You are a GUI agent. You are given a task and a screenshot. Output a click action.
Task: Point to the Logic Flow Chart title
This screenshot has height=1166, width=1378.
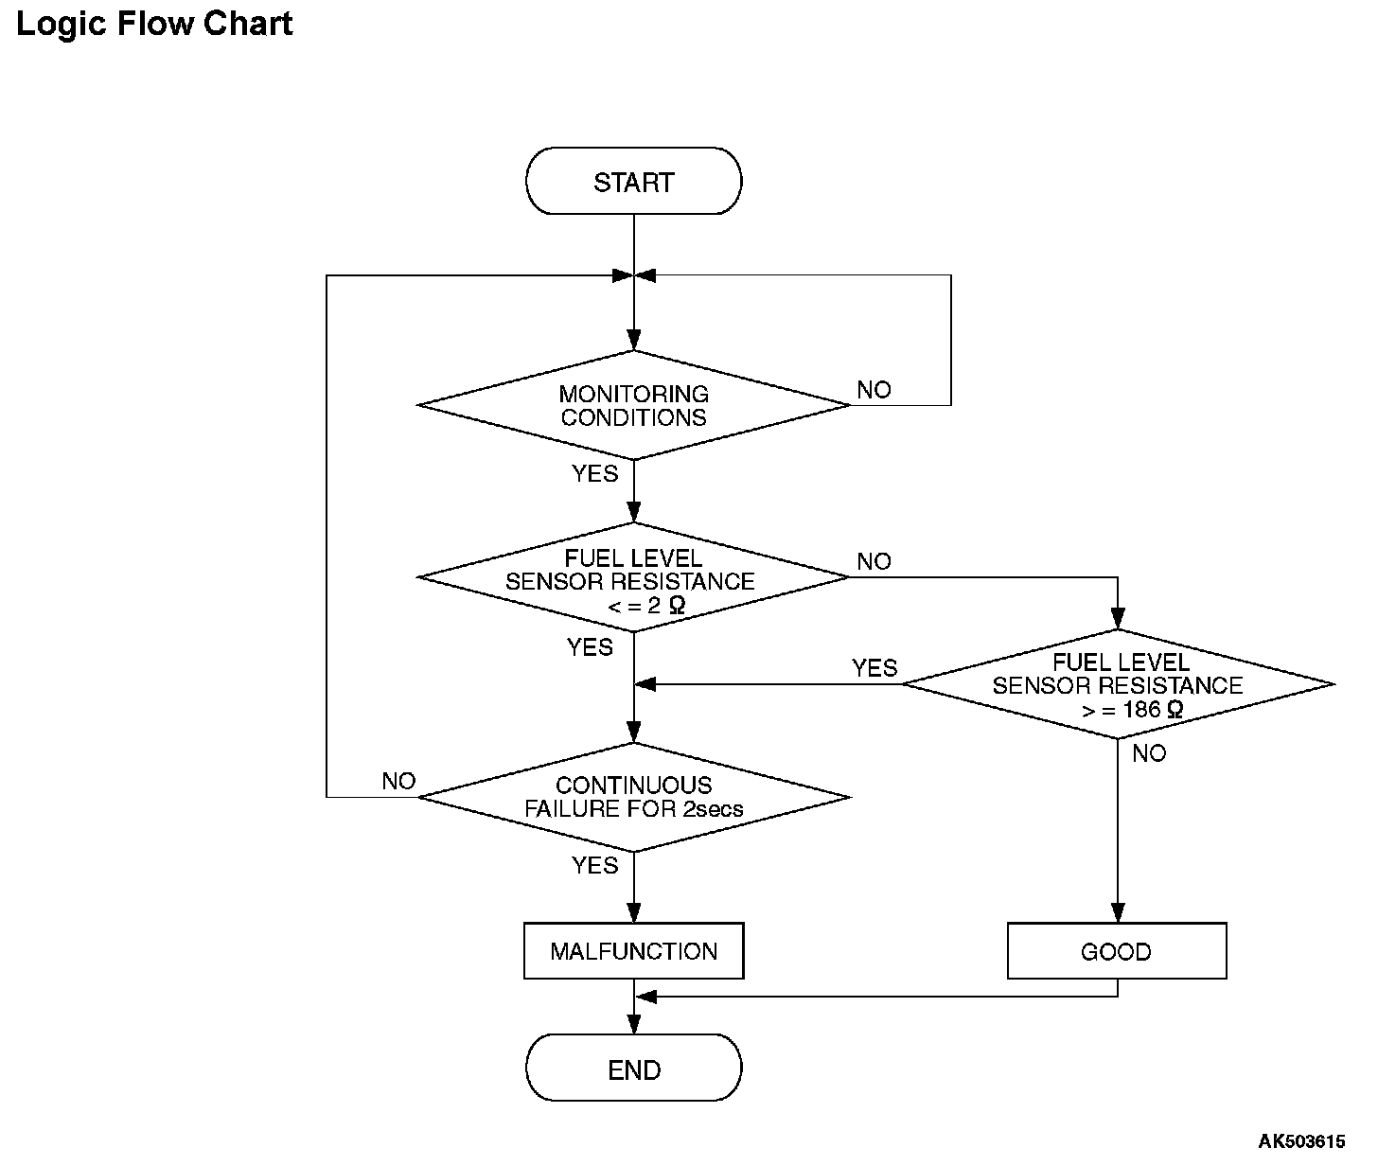pyautogui.click(x=154, y=24)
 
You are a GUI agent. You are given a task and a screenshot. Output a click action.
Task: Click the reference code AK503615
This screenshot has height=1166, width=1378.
pyautogui.click(x=1301, y=1141)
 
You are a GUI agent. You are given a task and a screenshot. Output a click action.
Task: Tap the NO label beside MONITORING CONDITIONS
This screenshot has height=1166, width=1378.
pyautogui.click(x=874, y=390)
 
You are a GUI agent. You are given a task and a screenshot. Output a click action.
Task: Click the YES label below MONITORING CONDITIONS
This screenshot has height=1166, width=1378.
pyautogui.click(x=594, y=474)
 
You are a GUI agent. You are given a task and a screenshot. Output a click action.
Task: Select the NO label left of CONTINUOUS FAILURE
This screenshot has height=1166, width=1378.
pyautogui.click(x=398, y=781)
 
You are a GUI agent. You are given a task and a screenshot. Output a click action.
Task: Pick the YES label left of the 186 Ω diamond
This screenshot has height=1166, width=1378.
pyautogui.click(x=874, y=668)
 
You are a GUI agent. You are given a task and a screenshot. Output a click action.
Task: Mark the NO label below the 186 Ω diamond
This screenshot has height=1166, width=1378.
pyautogui.click(x=1149, y=753)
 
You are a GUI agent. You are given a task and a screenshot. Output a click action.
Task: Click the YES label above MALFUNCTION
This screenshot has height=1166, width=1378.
pyautogui.click(x=594, y=865)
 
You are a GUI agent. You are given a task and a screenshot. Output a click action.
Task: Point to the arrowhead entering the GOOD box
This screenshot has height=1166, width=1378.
pyautogui.click(x=1118, y=912)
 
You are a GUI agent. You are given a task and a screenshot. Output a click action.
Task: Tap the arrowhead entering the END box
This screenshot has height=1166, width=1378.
pyautogui.click(x=634, y=1024)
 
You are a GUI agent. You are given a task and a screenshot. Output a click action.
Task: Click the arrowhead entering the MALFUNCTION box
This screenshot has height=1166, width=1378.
pyautogui.click(x=634, y=912)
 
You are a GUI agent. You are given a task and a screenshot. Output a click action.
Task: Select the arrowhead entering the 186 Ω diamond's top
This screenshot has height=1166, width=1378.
pyautogui.click(x=1118, y=619)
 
